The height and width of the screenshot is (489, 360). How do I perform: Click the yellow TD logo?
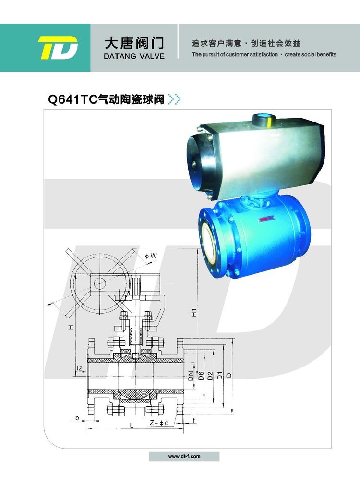(58, 48)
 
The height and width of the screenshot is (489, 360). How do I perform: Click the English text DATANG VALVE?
(134, 57)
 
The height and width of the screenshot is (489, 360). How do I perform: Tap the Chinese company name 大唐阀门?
(134, 43)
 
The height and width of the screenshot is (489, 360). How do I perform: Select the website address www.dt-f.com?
(184, 456)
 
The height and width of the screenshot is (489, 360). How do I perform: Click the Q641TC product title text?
(106, 99)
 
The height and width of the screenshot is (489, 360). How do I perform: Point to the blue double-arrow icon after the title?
(174, 99)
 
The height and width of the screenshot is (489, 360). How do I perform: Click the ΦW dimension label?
(151, 256)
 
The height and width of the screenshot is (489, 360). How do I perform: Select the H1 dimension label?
(194, 312)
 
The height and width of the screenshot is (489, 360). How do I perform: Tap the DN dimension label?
(191, 376)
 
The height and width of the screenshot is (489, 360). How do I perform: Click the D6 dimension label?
(201, 376)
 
